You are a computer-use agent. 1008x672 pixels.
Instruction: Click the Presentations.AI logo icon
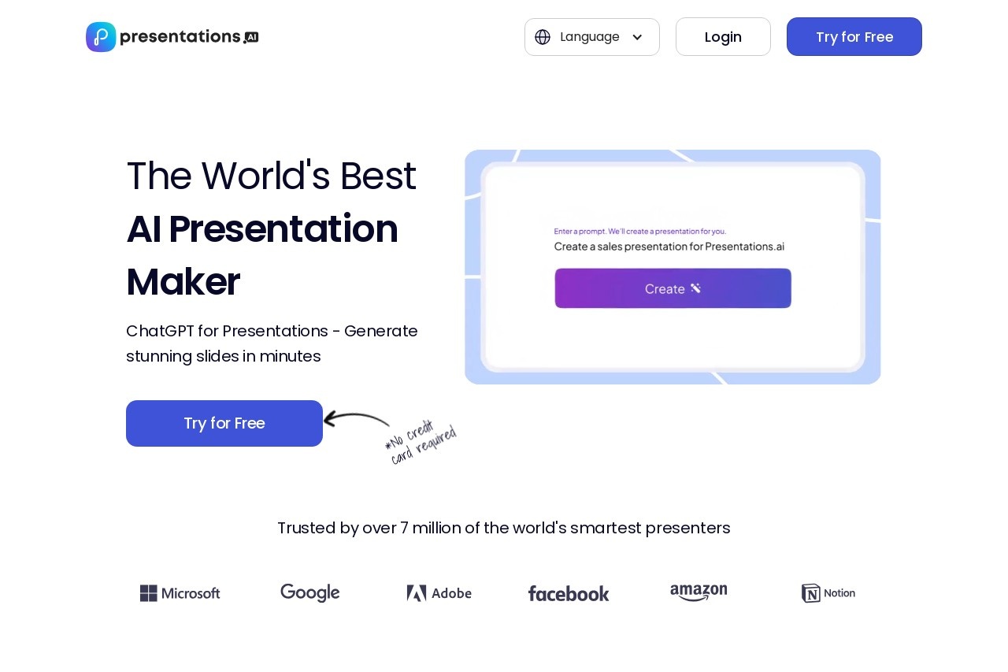tap(101, 37)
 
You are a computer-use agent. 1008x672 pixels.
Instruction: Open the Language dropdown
tap(591, 37)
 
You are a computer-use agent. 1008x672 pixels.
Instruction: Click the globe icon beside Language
tap(543, 37)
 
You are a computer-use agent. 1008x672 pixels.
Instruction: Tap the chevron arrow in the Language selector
tap(637, 37)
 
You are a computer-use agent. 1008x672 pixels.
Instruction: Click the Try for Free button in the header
tap(854, 37)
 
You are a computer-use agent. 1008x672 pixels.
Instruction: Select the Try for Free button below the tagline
tap(224, 423)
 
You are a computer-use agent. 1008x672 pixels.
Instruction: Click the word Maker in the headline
tap(183, 282)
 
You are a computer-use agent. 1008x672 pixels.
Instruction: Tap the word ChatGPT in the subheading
tap(160, 331)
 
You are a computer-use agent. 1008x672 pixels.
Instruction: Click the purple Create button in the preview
tap(673, 288)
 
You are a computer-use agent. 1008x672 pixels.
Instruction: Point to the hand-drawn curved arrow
tap(356, 418)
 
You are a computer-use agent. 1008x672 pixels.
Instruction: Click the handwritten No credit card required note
tap(421, 443)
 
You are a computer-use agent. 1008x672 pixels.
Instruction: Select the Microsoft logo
tap(180, 593)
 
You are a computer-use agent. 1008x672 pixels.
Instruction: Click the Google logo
tap(309, 593)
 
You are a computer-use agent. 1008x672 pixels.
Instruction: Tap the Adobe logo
tap(439, 593)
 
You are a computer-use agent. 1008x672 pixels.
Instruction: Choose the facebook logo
tap(568, 593)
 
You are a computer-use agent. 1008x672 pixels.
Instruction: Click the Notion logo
tap(828, 593)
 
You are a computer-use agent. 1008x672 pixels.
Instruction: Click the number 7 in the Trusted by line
tap(404, 528)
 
